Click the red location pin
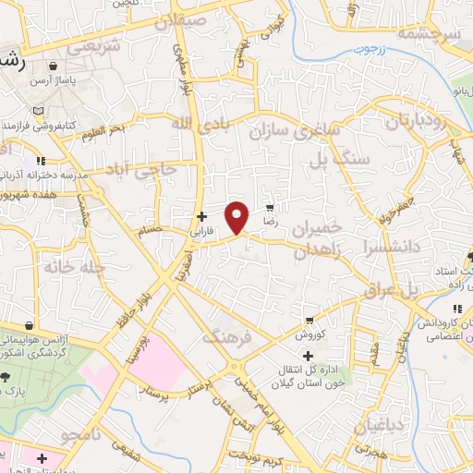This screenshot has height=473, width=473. tap(237, 217)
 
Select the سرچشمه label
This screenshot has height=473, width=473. tap(428, 33)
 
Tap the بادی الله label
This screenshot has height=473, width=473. tap(198, 124)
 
